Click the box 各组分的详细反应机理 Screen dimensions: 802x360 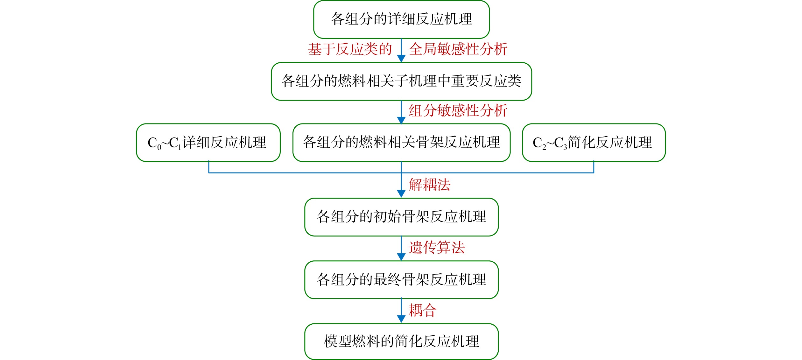(401, 19)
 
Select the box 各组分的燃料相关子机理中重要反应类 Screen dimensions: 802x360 (401, 81)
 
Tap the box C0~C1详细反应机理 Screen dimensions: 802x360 (208, 143)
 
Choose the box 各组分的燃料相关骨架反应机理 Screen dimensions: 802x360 (401, 143)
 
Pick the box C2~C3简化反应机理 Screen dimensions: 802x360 (594, 143)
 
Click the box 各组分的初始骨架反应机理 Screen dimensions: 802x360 (401, 217)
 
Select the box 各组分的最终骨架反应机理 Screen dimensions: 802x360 (401, 280)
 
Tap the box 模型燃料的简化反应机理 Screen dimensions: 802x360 (401, 342)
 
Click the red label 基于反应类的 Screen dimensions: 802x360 (350, 49)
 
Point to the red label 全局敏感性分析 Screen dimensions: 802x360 (458, 49)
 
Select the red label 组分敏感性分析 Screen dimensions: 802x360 (458, 111)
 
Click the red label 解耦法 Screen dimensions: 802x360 (430, 185)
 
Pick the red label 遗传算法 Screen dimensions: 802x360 (437, 248)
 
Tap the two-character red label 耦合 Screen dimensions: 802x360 (423, 310)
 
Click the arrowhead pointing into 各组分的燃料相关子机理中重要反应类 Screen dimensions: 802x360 (401, 59)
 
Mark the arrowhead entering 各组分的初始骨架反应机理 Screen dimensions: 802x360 (401, 194)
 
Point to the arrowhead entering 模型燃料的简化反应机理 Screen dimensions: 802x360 (401, 319)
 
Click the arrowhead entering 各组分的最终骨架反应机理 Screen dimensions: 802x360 (401, 257)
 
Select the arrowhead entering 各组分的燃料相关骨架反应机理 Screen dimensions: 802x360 (401, 120)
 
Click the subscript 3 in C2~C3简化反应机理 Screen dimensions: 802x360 (565, 148)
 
